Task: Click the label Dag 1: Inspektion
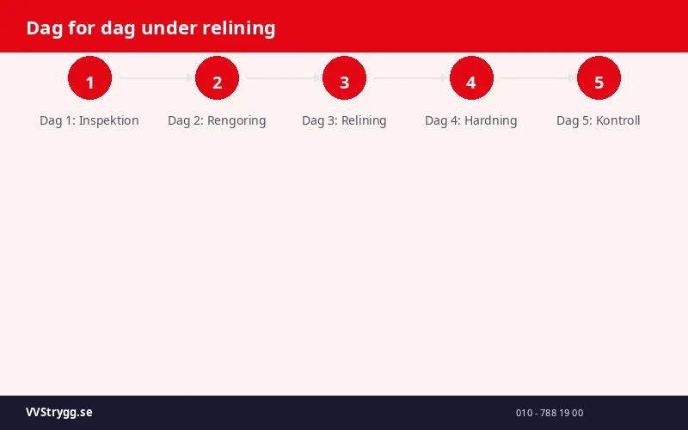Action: click(x=89, y=120)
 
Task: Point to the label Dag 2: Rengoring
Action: click(x=217, y=120)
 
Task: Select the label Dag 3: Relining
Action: click(x=344, y=120)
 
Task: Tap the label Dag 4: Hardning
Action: click(x=471, y=120)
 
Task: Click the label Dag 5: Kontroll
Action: click(x=599, y=120)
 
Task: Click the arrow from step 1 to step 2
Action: click(x=155, y=78)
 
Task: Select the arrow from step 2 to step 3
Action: click(x=282, y=78)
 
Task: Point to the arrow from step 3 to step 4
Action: click(x=409, y=78)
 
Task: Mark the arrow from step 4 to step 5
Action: click(x=537, y=78)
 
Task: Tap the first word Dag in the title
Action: click(x=43, y=28)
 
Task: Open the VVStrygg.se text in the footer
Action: click(x=59, y=413)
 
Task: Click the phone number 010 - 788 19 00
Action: click(x=550, y=413)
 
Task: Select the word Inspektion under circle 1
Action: click(x=109, y=120)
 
